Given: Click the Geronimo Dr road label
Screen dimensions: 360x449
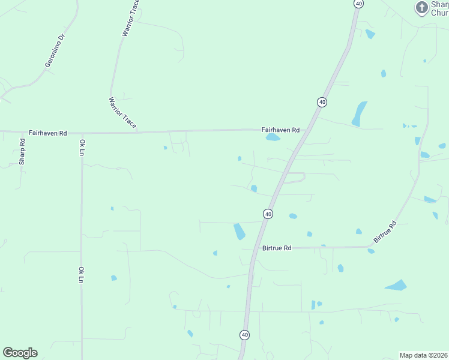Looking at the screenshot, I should click(x=53, y=52).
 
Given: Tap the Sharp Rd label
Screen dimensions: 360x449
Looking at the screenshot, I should click(x=22, y=152).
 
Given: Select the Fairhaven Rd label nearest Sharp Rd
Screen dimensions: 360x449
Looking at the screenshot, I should click(x=47, y=133).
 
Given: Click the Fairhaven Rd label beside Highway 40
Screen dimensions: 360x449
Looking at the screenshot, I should click(x=280, y=130).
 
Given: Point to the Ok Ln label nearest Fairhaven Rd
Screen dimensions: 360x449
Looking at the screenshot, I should click(x=82, y=148).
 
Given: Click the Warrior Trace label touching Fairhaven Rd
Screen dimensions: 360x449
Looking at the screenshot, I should click(x=122, y=113).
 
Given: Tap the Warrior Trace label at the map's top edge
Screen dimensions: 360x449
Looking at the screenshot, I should click(x=130, y=19).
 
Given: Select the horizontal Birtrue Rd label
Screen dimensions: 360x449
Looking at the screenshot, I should click(x=276, y=248).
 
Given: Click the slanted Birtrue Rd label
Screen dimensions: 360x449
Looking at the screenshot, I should click(x=385, y=232).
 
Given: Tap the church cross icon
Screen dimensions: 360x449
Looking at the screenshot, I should click(x=422, y=7).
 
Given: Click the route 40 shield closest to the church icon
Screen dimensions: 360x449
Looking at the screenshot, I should click(x=358, y=4).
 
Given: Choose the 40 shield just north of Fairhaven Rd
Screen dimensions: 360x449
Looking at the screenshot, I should click(x=322, y=102).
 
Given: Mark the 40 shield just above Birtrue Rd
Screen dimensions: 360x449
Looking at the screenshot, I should click(x=268, y=214).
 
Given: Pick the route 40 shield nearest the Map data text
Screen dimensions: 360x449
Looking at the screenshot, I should click(x=244, y=334).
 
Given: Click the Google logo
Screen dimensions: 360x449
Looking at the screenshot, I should click(x=20, y=353).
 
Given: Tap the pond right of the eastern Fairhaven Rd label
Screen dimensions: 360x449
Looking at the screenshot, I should click(x=273, y=137).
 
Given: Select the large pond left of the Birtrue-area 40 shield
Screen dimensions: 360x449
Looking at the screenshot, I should click(x=239, y=231).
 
